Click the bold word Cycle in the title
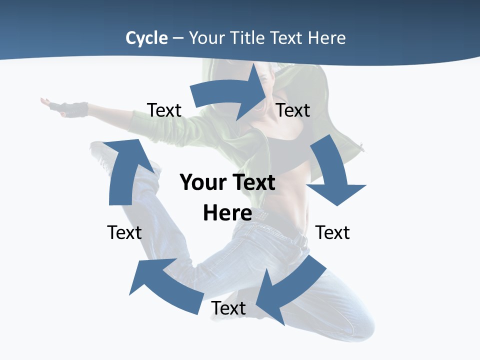[x=146, y=38]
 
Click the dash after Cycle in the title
[x=178, y=38]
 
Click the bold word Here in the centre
[x=227, y=213]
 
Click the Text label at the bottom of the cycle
[x=228, y=308]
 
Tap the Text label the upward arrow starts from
[x=124, y=232]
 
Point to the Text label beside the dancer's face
[x=293, y=110]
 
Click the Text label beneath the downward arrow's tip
[x=332, y=232]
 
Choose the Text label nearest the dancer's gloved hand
[x=164, y=110]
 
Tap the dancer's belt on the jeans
[x=297, y=239]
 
